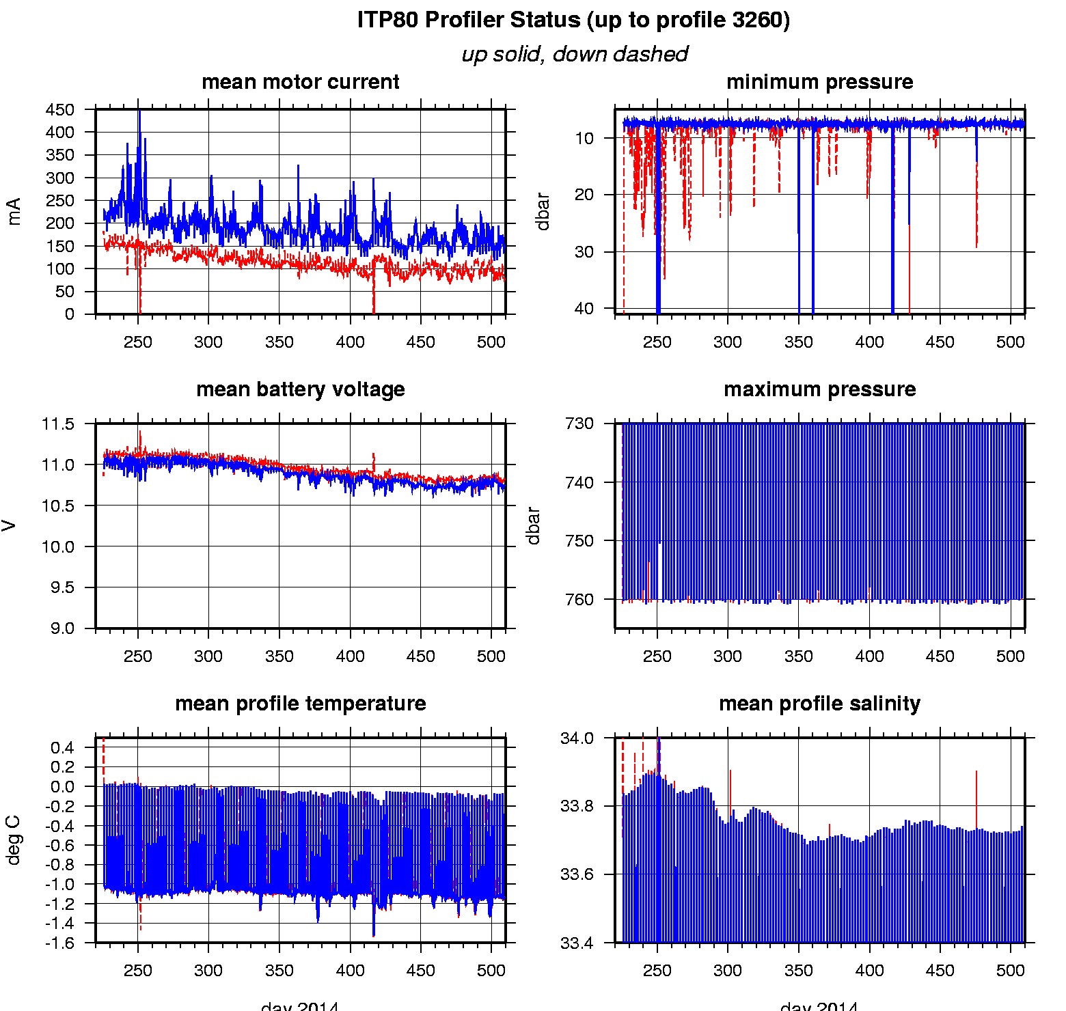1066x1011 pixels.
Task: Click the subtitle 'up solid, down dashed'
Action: (574, 54)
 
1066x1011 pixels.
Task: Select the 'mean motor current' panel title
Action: (300, 82)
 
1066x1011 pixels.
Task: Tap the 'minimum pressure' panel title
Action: (819, 82)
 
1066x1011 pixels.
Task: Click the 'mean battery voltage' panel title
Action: (300, 389)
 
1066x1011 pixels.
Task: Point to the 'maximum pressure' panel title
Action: (819, 389)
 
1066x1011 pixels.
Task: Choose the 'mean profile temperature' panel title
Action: (300, 704)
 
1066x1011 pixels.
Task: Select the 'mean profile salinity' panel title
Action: (819, 704)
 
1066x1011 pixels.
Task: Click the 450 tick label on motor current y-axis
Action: (59, 110)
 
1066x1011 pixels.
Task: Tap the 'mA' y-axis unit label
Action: (14, 211)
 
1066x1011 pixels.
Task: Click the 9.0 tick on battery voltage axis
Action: (62, 628)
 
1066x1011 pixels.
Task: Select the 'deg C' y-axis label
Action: (14, 840)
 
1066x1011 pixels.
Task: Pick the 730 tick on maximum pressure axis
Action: (579, 424)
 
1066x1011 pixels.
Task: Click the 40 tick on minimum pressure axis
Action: (584, 309)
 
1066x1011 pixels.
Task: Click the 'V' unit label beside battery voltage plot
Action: (9, 525)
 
